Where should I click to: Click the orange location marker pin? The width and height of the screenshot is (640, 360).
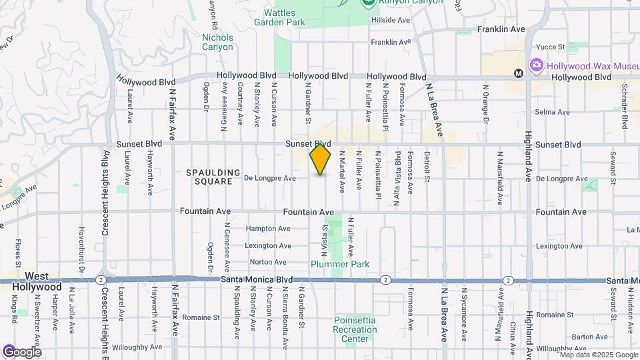[320, 159]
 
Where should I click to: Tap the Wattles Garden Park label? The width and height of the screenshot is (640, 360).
[279, 17]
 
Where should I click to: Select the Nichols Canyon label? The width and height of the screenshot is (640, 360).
[217, 42]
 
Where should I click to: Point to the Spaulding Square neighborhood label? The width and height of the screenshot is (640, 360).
[213, 177]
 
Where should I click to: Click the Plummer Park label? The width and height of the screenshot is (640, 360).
[340, 264]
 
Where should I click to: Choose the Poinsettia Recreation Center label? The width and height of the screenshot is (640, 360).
[355, 329]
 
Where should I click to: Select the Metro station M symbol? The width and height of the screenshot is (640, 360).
[518, 73]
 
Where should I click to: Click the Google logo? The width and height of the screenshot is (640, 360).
[22, 351]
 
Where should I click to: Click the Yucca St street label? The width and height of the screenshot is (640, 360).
[551, 47]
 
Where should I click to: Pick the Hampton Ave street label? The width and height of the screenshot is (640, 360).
[268, 229]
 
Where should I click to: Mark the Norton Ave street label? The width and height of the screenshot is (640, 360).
[268, 262]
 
